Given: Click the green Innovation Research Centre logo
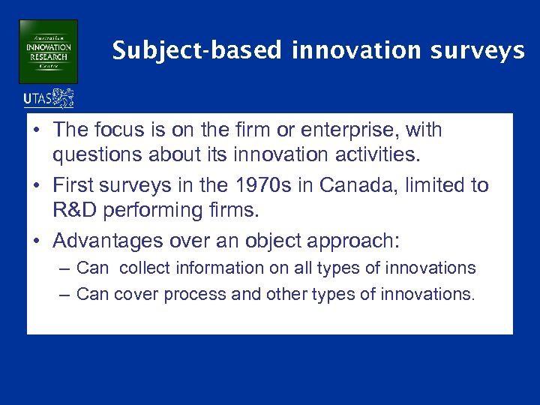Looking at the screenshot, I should [x=48, y=51].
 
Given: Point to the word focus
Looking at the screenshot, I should [x=121, y=130].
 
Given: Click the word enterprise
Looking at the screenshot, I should [x=354, y=130].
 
